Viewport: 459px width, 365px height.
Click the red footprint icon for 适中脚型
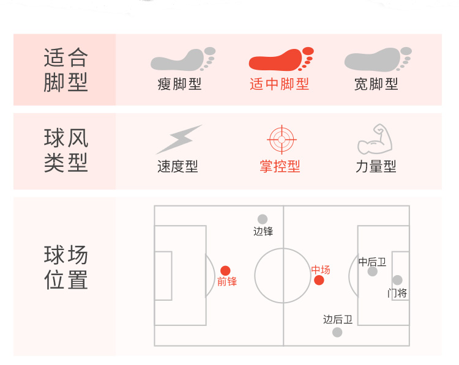(281, 60)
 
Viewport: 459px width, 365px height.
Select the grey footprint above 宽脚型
(376, 60)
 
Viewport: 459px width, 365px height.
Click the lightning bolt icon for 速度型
(178, 139)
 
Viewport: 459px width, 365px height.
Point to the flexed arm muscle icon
(375, 139)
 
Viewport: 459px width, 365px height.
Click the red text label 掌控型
(280, 166)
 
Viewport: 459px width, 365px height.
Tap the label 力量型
(376, 166)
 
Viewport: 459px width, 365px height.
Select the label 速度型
(177, 166)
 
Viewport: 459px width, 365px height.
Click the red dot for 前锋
(225, 270)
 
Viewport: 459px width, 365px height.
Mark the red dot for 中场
(319, 280)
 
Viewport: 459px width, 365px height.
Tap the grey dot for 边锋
(263, 219)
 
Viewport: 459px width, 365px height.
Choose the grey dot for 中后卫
(372, 271)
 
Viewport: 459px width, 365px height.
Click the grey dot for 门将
(397, 280)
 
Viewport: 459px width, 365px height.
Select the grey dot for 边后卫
(337, 332)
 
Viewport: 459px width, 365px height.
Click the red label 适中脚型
(279, 84)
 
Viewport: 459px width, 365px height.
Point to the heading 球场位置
(65, 267)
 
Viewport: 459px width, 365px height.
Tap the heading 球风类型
(65, 150)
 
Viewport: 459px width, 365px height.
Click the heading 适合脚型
(65, 70)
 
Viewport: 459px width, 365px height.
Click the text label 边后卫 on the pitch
(338, 319)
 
